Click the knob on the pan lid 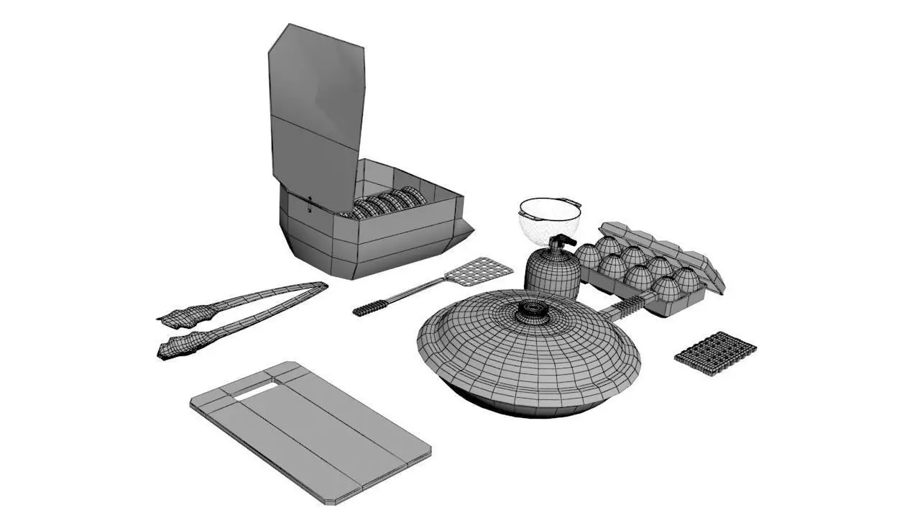pos(533,309)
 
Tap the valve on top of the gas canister pos(561,242)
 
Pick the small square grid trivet pos(715,353)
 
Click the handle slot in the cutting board pos(255,391)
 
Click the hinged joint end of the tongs pos(316,287)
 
